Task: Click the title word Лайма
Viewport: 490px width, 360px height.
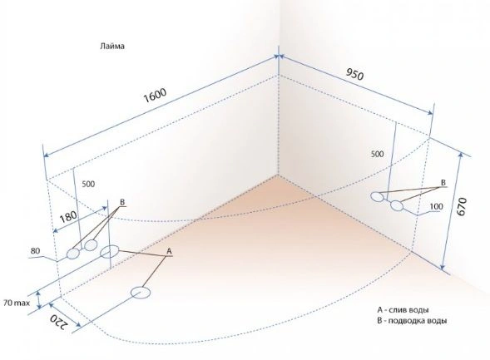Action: point(112,47)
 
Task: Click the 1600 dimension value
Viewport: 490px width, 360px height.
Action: point(155,95)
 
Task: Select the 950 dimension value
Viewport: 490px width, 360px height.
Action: point(354,74)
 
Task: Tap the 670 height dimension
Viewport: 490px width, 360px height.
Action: point(462,206)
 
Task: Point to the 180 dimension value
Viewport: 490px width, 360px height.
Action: point(68,216)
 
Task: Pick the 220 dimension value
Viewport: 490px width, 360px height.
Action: point(59,321)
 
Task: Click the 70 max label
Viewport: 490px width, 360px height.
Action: point(17,303)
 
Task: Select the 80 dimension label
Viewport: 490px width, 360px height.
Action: point(35,251)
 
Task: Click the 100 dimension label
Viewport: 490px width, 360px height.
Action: point(436,206)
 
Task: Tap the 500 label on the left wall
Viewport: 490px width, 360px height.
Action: point(88,185)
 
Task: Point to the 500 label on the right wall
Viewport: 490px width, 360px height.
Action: point(377,154)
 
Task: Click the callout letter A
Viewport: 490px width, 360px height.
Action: point(169,251)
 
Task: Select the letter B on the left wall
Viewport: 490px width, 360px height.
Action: point(122,201)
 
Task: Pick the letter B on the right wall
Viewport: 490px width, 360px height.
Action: point(443,182)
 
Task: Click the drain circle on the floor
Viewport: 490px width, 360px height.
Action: point(141,293)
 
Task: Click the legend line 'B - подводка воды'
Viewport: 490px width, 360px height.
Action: point(412,321)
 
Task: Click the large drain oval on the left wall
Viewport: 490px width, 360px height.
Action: point(109,252)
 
